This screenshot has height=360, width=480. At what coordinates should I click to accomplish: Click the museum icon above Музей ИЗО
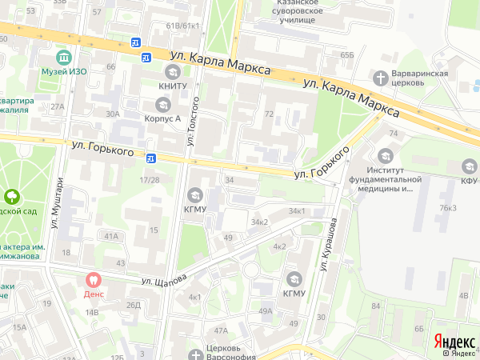tap(63, 58)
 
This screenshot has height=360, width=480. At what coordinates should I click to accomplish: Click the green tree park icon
tap(12, 195)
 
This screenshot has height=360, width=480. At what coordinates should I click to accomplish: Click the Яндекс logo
tap(454, 340)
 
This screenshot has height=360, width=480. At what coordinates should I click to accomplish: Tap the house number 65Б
tap(346, 54)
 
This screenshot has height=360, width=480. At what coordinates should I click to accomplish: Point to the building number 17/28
tap(149, 180)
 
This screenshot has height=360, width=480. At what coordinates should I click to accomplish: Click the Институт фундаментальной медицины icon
tap(386, 154)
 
